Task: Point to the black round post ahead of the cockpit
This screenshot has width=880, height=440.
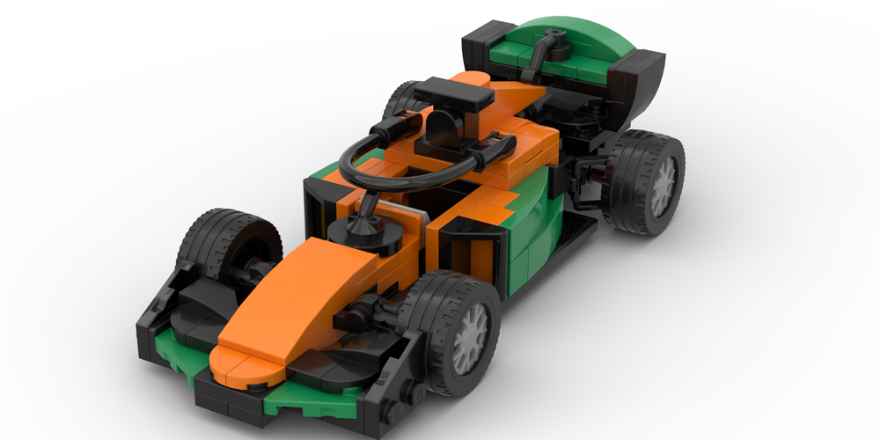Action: [x=361, y=231]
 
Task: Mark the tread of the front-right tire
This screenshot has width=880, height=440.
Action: [x=431, y=299]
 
